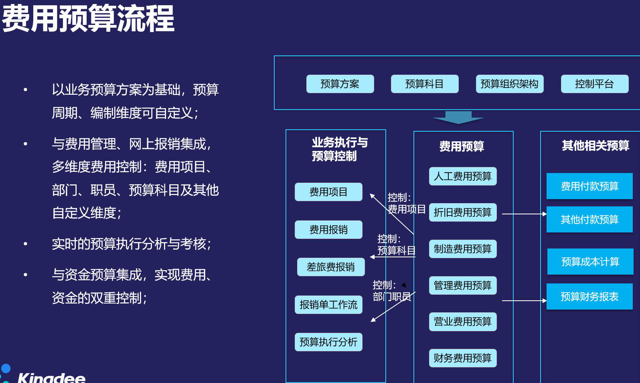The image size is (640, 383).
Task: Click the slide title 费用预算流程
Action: tap(88, 19)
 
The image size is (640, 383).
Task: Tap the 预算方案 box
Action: tap(340, 84)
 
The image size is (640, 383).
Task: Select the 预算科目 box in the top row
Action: tap(425, 84)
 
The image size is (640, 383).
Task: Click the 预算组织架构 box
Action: tap(510, 84)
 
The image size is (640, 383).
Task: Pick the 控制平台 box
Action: tap(595, 84)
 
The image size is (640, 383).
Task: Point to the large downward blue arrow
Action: tap(459, 117)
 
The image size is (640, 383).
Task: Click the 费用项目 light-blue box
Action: tap(328, 192)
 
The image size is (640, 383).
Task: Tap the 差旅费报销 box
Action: tap(331, 267)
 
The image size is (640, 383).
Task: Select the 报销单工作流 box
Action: tap(328, 305)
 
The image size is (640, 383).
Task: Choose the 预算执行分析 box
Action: tap(328, 342)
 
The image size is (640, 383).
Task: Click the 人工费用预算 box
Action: tap(463, 176)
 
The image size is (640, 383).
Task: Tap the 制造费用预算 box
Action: tap(463, 249)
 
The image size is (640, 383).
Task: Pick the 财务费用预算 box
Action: tap(463, 358)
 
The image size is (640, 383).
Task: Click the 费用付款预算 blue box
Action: tap(590, 186)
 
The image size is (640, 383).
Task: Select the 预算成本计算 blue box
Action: tap(590, 261)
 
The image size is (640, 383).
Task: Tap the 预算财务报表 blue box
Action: tap(590, 296)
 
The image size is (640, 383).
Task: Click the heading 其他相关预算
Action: tap(596, 146)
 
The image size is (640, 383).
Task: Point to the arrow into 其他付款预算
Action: tap(524, 214)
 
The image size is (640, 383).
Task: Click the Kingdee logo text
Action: tap(51, 377)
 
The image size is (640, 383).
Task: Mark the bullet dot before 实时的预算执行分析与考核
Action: tap(25, 244)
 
